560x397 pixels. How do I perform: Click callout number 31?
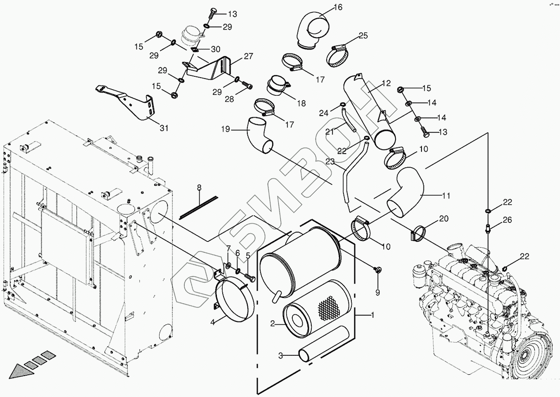coord(164,128)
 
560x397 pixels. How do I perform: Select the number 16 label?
coord(338,7)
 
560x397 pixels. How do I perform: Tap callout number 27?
coord(248,56)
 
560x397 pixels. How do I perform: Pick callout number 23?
coord(330,162)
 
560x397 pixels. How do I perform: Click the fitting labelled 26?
coord(488,227)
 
